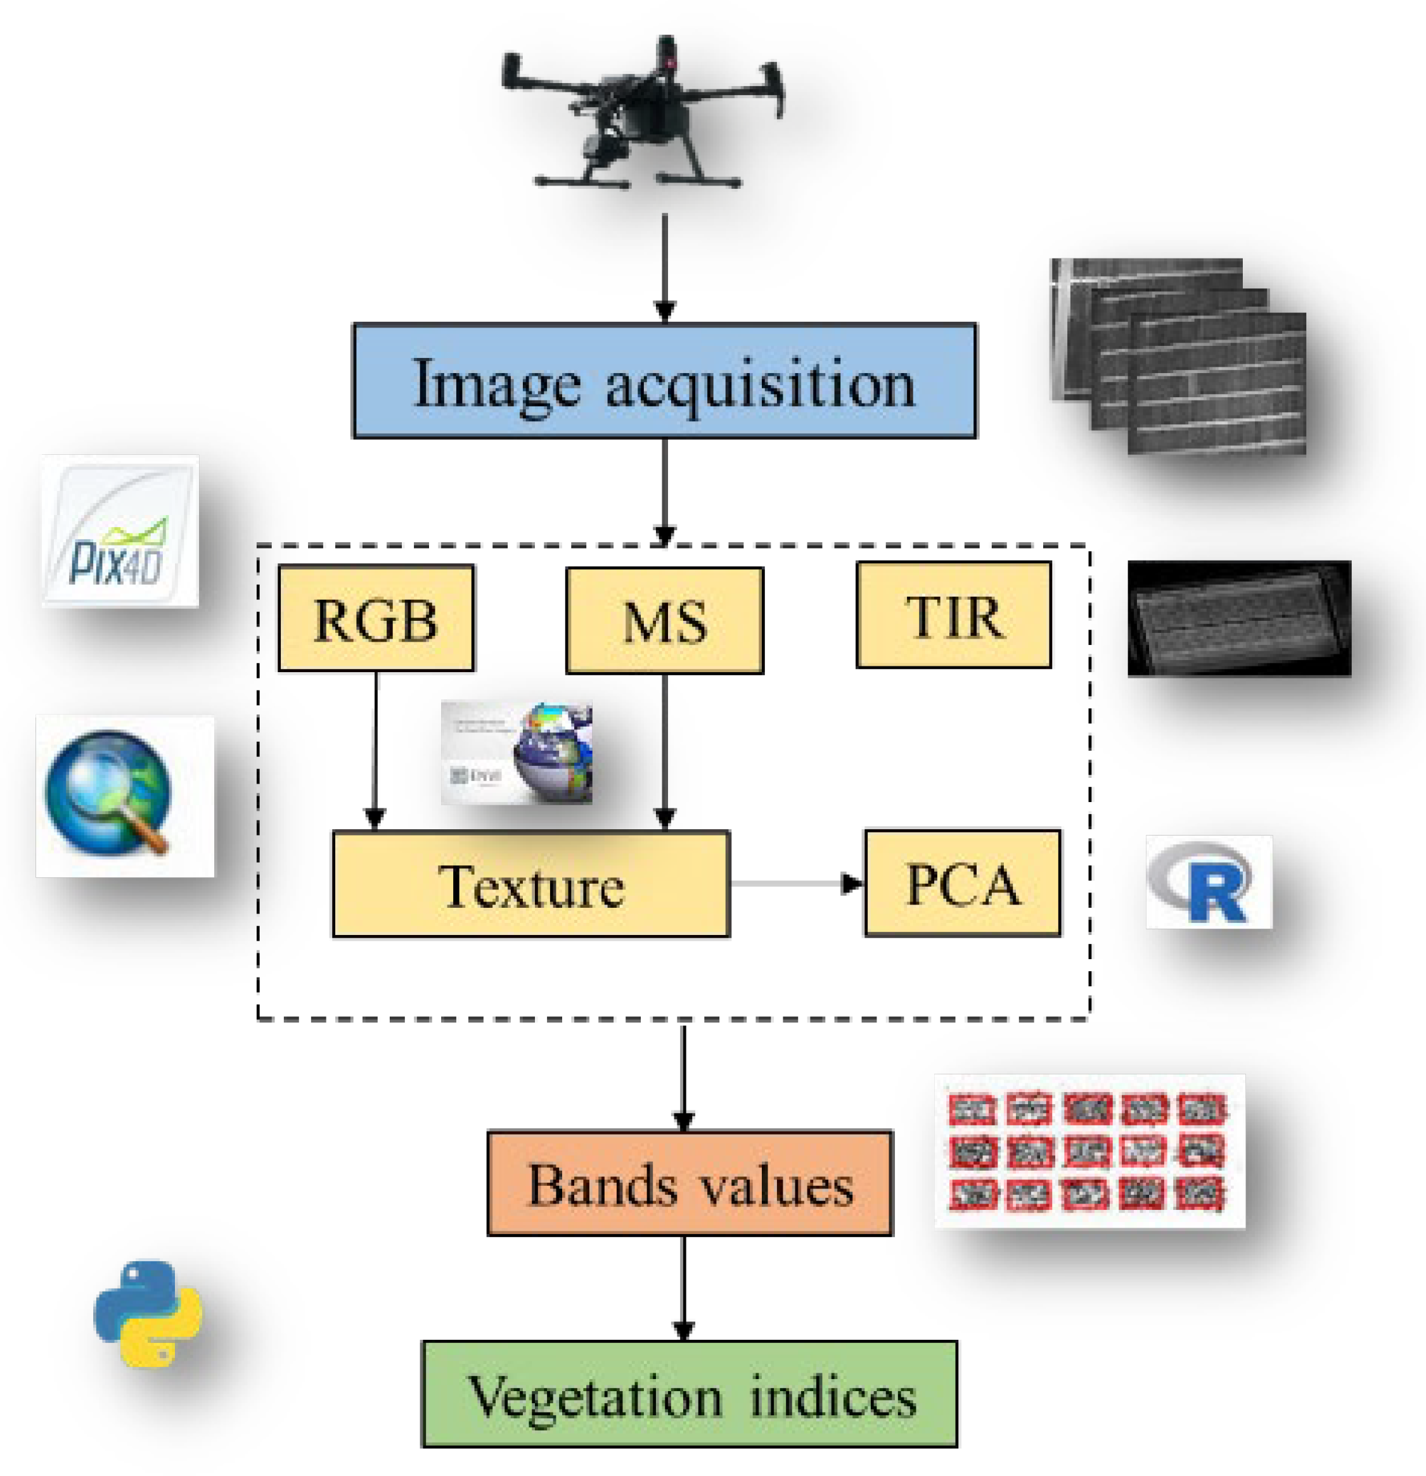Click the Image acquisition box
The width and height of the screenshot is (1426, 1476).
click(x=664, y=381)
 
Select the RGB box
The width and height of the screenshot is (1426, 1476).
click(x=376, y=618)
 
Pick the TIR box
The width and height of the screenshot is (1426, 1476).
click(x=954, y=615)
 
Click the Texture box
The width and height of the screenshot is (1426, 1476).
click(x=531, y=884)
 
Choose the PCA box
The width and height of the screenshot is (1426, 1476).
click(x=963, y=883)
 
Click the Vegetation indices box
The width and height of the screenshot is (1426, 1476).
click(x=690, y=1394)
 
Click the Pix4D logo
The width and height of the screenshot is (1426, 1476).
click(x=120, y=531)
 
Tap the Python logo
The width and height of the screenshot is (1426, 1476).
click(x=148, y=1314)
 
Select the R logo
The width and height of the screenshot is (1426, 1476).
click(x=1208, y=882)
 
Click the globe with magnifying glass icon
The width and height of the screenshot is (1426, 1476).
click(x=124, y=796)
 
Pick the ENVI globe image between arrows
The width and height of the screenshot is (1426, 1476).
click(x=517, y=753)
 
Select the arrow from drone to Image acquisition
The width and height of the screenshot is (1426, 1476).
click(x=664, y=267)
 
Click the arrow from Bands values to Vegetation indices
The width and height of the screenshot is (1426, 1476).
click(x=683, y=1288)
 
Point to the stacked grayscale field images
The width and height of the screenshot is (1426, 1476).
click(x=1178, y=356)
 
